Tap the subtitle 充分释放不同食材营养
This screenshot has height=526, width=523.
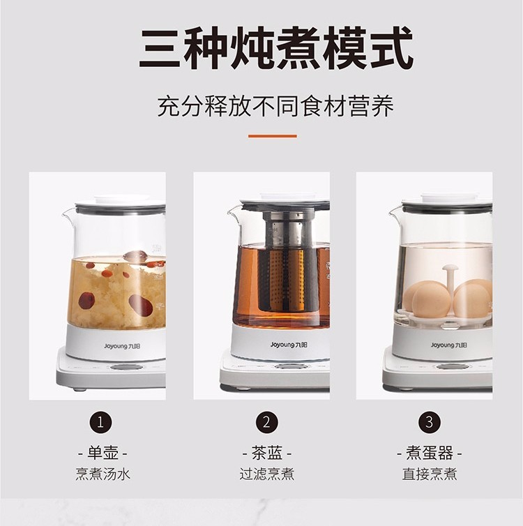(275, 106)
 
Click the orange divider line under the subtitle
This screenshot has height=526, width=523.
(273, 136)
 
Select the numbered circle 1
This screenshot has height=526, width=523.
(100, 422)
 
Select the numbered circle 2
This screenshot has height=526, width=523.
(267, 422)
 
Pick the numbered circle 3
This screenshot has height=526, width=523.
(430, 422)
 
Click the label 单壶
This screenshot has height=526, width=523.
(103, 453)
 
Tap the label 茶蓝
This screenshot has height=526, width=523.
(267, 453)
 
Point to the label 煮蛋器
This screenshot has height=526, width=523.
(430, 453)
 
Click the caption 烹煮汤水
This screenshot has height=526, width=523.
(103, 474)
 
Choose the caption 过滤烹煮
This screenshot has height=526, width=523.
(267, 474)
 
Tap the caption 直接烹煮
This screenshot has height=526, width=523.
(430, 474)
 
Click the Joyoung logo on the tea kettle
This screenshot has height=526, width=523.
(289, 345)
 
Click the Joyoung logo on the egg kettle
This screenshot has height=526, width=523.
(449, 345)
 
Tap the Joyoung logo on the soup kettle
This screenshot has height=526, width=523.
(122, 346)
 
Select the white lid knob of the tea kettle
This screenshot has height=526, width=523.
(288, 197)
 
